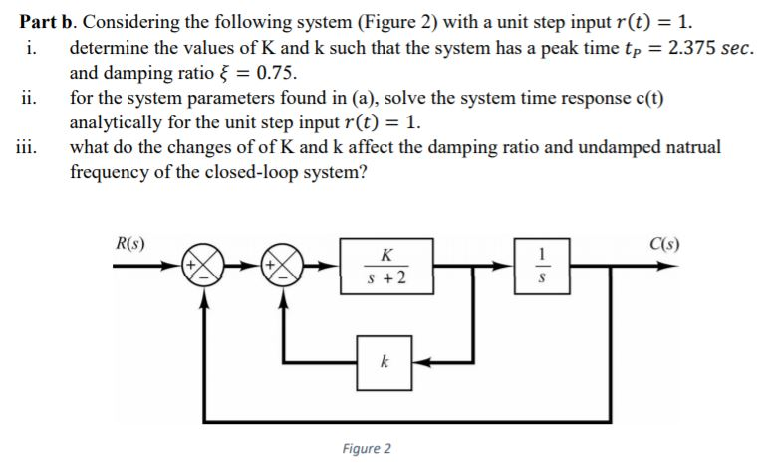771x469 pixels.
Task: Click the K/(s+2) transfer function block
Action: coord(386,266)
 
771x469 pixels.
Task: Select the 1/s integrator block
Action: coord(539,266)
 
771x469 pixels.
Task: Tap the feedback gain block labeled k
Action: coord(384,364)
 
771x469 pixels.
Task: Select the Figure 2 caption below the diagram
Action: coord(366,448)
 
